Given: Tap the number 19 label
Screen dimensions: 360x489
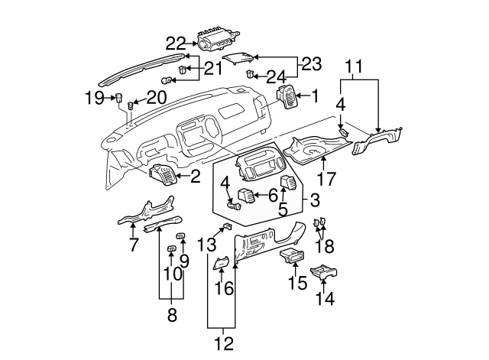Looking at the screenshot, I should coord(94,97).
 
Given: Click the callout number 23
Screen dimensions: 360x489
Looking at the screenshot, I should coord(311,65).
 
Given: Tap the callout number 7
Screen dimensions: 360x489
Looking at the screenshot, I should coord(133,245).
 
